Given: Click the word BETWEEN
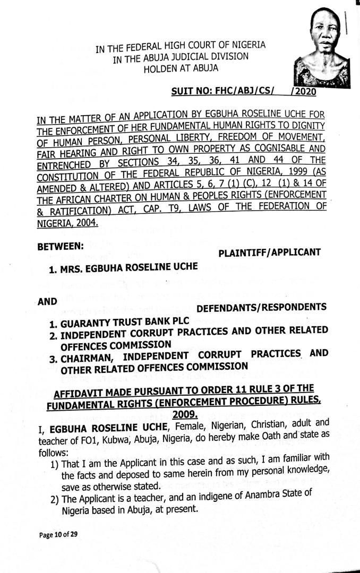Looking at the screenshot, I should (61, 246).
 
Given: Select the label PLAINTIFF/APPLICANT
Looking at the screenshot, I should (269, 253).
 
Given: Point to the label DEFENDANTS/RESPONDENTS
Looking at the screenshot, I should (261, 307).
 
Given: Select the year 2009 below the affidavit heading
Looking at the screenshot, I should (184, 415).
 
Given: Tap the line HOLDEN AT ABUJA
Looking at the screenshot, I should (181, 67).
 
